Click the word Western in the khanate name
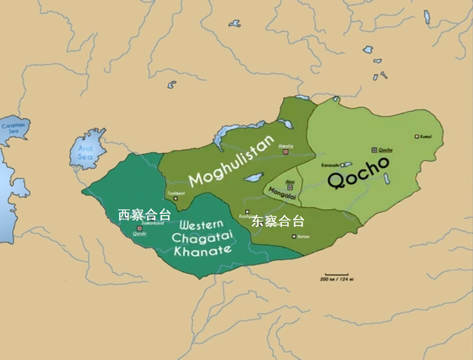[x=201, y=225]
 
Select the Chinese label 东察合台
[x=278, y=221]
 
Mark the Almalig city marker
[x=286, y=152]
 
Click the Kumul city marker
[x=416, y=136]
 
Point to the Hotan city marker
[x=294, y=236]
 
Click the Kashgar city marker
[x=247, y=212]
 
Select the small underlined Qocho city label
[x=385, y=149]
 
